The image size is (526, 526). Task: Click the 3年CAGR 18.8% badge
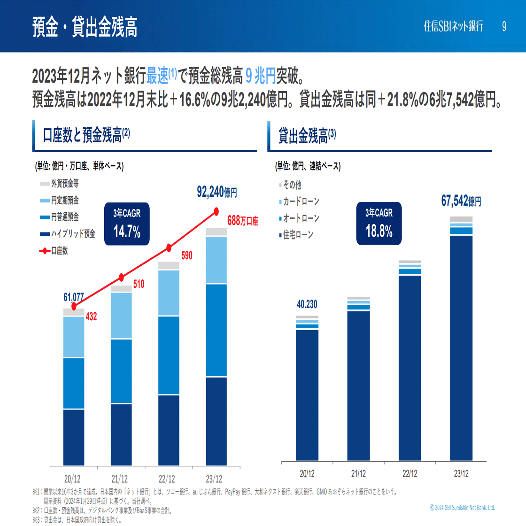379,224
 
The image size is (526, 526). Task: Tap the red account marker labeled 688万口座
217,211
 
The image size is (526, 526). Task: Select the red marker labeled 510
121,278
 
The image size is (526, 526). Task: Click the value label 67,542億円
461,201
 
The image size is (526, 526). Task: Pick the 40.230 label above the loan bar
307,304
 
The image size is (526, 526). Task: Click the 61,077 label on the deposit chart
73,297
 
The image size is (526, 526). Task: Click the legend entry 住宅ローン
298,235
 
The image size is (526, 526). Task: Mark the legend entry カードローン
301,201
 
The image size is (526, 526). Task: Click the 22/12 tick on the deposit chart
167,480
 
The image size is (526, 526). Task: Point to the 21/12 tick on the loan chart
358,473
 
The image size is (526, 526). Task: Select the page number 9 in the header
504,26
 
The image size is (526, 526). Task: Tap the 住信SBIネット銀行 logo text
453,26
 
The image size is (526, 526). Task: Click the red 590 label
186,255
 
